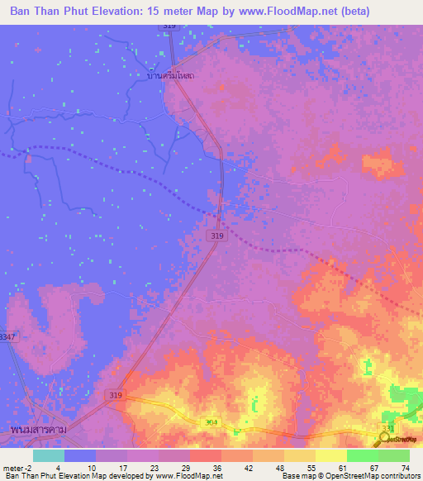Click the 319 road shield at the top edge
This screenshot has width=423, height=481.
(169, 26)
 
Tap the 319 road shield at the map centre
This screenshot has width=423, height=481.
(216, 236)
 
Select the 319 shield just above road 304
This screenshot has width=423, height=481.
(116, 396)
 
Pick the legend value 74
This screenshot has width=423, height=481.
(405, 466)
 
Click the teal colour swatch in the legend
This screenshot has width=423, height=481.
(48, 455)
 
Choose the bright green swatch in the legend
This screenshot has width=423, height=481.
(362, 455)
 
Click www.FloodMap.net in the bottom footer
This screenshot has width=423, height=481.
(188, 476)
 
